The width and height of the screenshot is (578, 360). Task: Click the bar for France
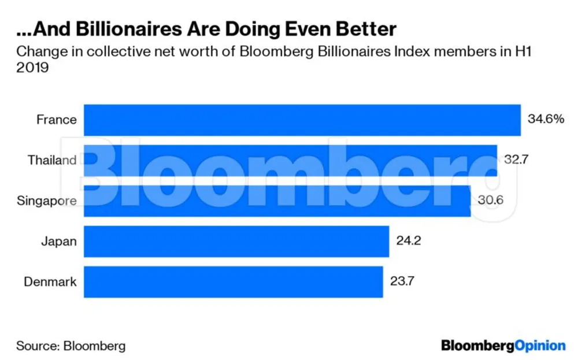(302, 120)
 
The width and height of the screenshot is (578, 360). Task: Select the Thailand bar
(290, 160)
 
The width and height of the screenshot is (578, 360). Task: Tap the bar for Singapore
(277, 201)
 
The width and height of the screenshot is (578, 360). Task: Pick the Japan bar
(236, 242)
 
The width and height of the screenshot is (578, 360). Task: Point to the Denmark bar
(234, 282)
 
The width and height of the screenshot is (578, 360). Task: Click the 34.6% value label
(546, 120)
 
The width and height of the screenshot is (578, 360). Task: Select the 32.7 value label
(516, 159)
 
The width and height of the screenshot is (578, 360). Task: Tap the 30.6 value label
(490, 200)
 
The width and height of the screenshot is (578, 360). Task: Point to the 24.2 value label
(409, 241)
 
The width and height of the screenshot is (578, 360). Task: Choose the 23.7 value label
(402, 282)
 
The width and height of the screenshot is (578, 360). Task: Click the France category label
(56, 120)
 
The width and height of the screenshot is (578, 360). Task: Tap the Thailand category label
(52, 160)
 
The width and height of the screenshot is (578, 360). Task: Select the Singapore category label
(47, 201)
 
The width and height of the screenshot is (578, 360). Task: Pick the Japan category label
(58, 242)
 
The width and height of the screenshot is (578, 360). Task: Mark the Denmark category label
(50, 282)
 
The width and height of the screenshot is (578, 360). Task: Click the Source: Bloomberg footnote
(71, 346)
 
